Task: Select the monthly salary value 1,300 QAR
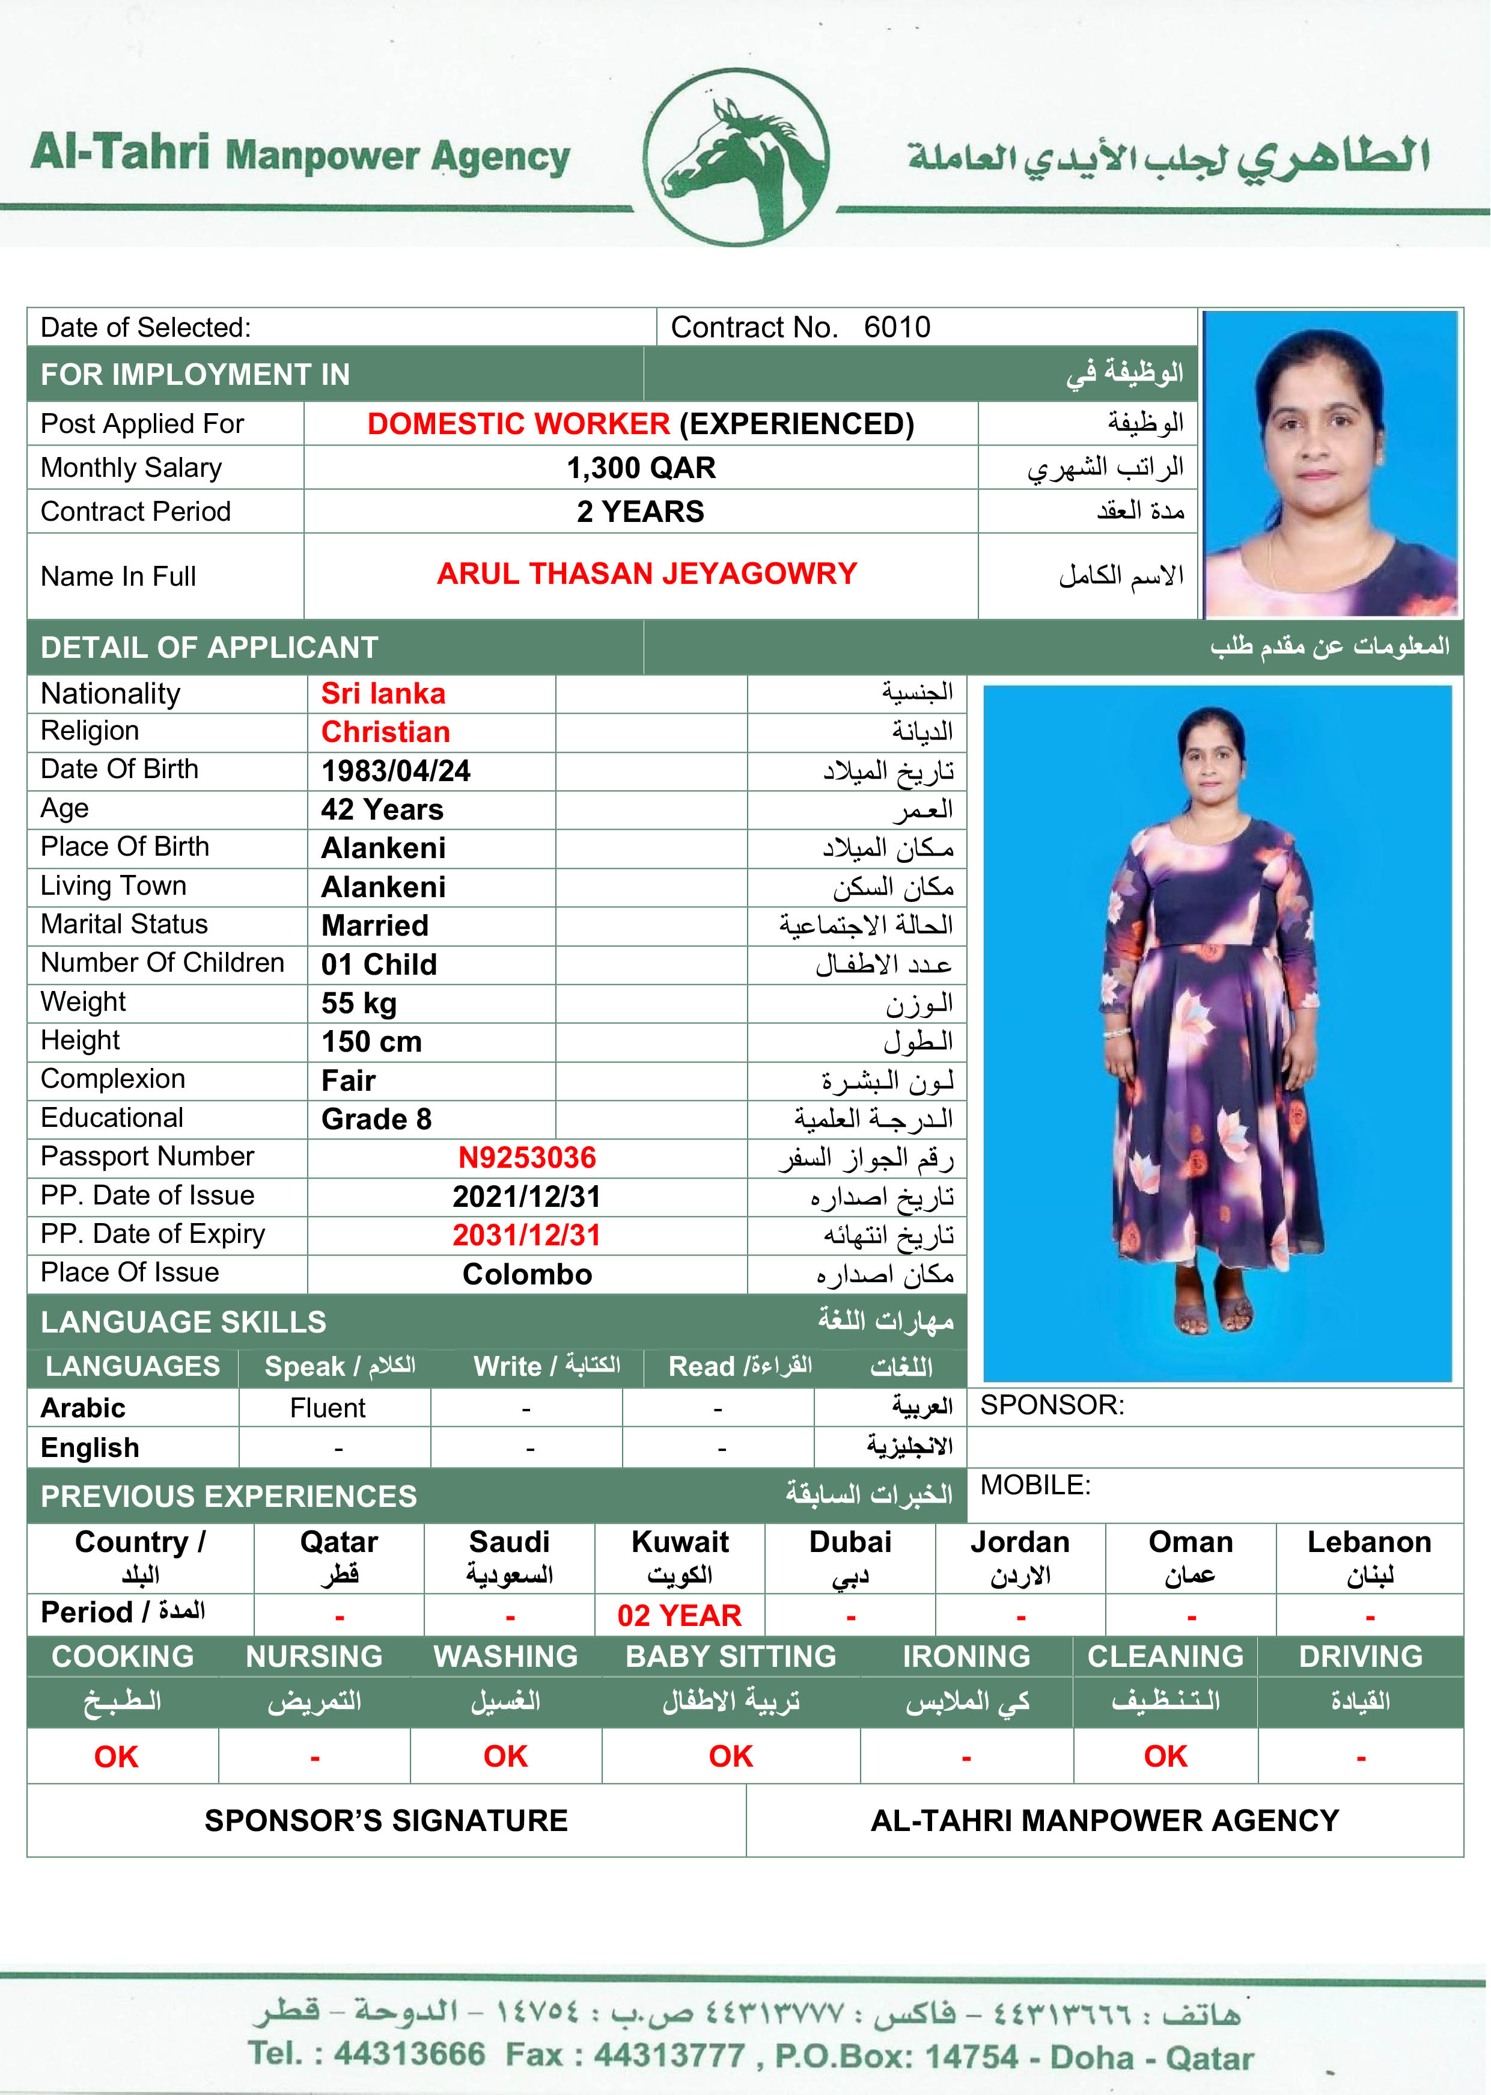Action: (640, 467)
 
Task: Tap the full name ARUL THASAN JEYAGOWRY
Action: (647, 573)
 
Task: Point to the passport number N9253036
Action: (527, 1158)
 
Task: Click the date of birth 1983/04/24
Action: (395, 770)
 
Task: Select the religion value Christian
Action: (386, 732)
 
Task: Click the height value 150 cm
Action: (372, 1041)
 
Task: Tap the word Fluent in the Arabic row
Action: (328, 1408)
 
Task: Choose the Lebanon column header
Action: (1369, 1542)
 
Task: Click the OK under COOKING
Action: (115, 1756)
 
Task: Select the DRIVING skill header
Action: (1360, 1656)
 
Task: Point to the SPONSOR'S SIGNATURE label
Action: (386, 1820)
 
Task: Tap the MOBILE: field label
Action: (1035, 1485)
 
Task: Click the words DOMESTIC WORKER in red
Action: (519, 423)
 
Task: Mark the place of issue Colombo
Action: (527, 1274)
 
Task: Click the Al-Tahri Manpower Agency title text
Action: (300, 153)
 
